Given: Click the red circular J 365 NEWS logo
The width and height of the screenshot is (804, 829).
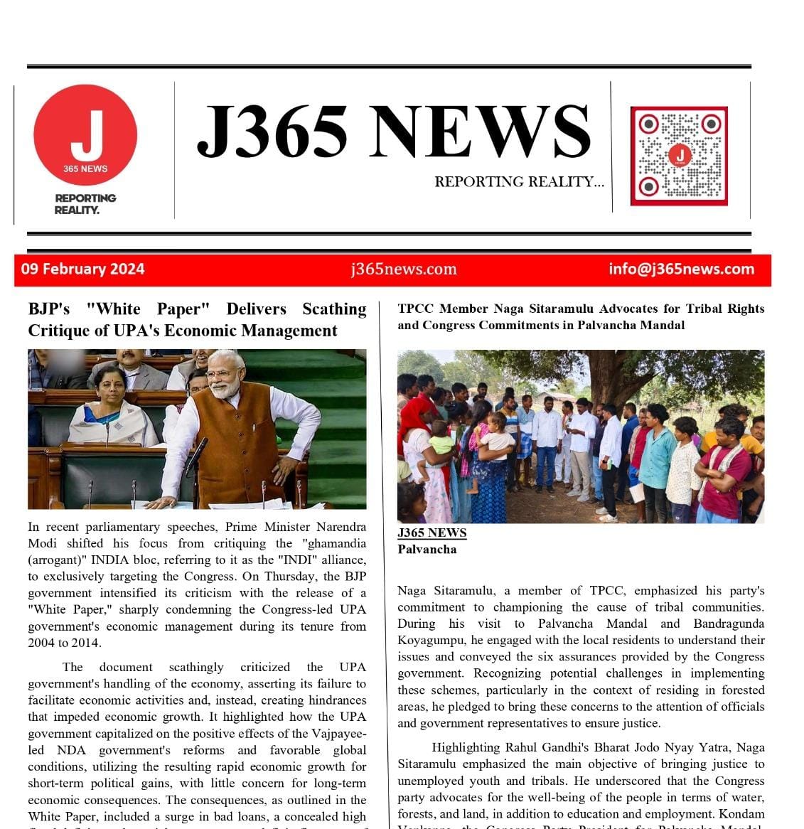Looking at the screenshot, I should pos(85,135).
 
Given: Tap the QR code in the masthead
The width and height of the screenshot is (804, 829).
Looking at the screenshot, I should pos(679,156).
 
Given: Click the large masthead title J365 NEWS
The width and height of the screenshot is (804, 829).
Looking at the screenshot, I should pos(393,132).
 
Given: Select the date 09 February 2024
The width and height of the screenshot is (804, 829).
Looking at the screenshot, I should pos(82,269).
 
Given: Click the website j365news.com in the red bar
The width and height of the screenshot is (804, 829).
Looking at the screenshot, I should pos(403,269).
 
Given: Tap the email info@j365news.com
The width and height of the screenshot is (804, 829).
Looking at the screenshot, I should pos(681,269).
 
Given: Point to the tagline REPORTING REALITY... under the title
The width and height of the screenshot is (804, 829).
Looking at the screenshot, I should pos(519,182).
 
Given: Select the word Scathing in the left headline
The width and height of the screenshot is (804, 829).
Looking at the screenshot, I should pos(334,309).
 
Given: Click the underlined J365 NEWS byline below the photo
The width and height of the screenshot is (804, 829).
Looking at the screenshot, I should pos(432,533).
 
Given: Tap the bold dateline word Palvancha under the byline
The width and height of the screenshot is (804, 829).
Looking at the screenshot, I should pos(427,549).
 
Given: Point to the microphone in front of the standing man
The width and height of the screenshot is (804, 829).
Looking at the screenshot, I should pos(196,455).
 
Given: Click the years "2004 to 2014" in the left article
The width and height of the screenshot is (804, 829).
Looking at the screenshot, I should pos(64,643).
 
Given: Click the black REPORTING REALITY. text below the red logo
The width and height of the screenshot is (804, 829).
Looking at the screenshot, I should pos(85,204).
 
